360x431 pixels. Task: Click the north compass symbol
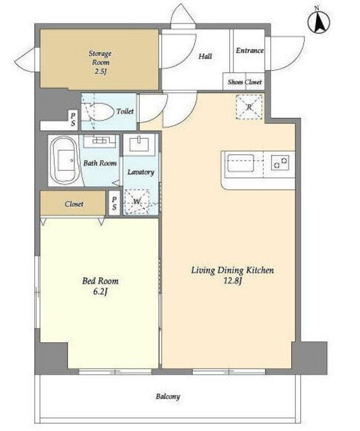[319, 22]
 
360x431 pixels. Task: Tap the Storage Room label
[100, 58]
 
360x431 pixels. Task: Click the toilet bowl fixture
[99, 112]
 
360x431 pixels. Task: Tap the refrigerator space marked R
[249, 107]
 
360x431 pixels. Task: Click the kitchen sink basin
[240, 163]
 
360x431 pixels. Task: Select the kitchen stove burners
[280, 162]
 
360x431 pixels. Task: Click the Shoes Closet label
[245, 82]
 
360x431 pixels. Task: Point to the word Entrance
[249, 51]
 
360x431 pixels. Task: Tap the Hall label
[206, 57]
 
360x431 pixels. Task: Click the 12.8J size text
[233, 281]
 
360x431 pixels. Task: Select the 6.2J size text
[100, 292]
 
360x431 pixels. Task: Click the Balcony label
[168, 397]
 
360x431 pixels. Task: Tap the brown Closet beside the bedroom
[73, 203]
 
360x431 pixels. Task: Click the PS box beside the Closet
[114, 203]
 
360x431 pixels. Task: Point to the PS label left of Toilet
[73, 120]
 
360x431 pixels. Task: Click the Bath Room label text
[100, 163]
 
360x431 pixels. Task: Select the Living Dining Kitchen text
[233, 271]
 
